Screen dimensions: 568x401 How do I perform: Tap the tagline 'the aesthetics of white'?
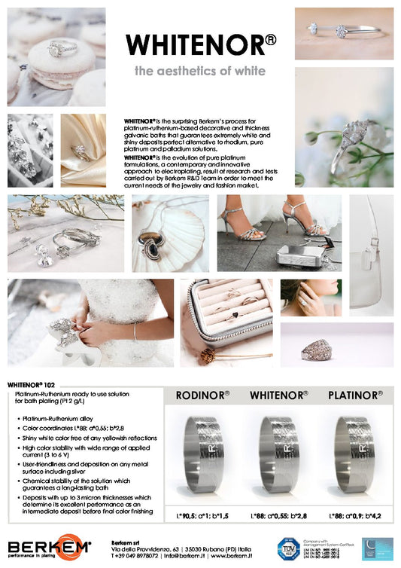pos(199,72)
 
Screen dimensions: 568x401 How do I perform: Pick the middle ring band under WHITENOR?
pos(279,454)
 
